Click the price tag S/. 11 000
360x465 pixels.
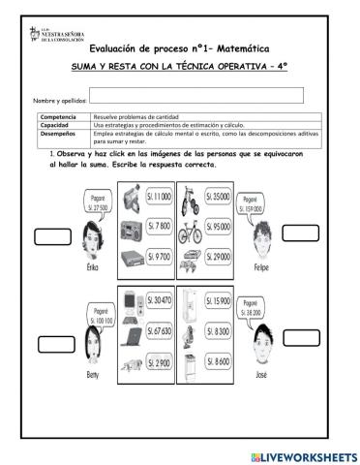[159, 197]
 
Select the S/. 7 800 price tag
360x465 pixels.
[159, 227]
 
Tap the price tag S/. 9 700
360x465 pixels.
[159, 258]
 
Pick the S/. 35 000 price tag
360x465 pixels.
[219, 197]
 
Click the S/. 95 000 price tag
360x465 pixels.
[219, 227]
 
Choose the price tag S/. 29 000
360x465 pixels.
[219, 258]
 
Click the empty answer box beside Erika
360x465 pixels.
[53, 236]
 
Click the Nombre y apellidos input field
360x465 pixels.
[196, 95]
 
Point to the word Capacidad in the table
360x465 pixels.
[54, 125]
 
